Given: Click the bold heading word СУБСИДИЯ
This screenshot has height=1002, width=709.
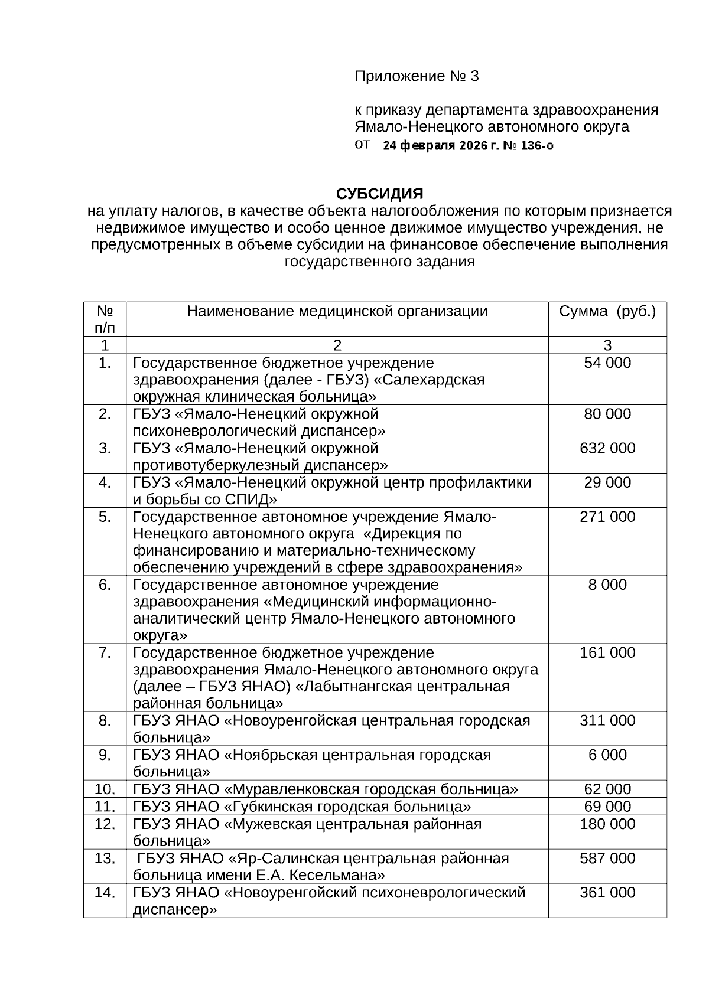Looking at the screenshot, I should point(379,194).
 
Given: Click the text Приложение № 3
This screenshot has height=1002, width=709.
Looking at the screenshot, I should point(416,77).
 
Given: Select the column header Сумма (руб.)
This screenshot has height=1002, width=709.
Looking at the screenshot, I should point(607,312).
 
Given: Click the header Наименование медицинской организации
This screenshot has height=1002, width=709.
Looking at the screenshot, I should point(337,312).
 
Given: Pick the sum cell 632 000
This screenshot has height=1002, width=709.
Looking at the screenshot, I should point(607,448).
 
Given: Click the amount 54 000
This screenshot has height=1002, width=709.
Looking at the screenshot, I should point(607,363).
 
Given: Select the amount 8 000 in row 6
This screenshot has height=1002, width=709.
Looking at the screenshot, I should point(607,585).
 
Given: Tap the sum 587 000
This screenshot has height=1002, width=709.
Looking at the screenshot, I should point(607,858).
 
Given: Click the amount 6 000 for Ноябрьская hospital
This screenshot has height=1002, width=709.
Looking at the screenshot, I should point(607,755).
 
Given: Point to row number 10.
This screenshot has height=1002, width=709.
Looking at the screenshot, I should point(105,789).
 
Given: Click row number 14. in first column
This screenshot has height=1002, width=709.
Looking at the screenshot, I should point(105,892).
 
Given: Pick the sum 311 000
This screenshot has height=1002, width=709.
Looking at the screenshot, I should point(607,720).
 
